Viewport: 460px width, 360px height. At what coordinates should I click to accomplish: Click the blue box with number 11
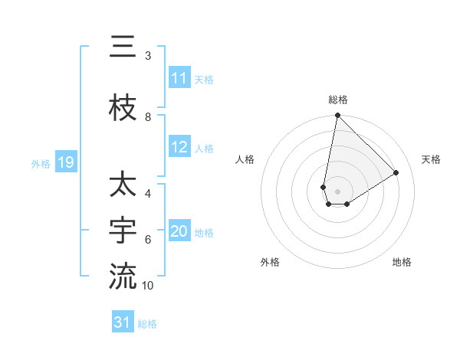pyautogui.click(x=179, y=78)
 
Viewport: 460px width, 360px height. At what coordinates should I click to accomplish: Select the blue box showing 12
pyautogui.click(x=179, y=148)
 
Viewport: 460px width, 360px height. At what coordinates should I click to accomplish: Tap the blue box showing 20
pyautogui.click(x=179, y=231)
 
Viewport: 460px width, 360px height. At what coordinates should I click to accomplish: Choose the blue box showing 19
pyautogui.click(x=65, y=162)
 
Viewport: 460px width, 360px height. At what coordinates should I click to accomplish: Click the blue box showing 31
pyautogui.click(x=123, y=322)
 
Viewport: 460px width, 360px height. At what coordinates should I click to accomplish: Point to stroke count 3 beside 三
pyautogui.click(x=148, y=56)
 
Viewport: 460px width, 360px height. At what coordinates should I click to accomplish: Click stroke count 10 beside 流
pyautogui.click(x=148, y=285)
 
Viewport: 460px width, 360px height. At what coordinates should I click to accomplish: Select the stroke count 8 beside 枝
pyautogui.click(x=148, y=117)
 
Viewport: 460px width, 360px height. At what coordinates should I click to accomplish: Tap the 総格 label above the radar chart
pyautogui.click(x=338, y=100)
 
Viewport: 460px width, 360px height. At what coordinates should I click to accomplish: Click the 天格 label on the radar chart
pyautogui.click(x=431, y=159)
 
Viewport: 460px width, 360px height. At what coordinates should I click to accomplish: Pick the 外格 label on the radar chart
pyautogui.click(x=270, y=262)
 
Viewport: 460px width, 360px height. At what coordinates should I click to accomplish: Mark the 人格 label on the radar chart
pyautogui.click(x=245, y=159)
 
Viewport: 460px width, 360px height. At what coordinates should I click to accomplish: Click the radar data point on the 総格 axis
pyautogui.click(x=337, y=116)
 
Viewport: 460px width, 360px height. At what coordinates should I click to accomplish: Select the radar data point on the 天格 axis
pyautogui.click(x=396, y=172)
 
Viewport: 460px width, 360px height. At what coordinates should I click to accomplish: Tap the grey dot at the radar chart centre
pyautogui.click(x=338, y=191)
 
